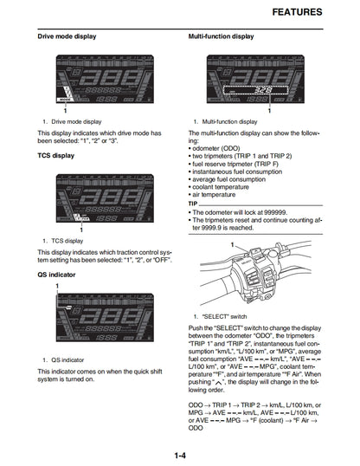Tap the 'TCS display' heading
56,156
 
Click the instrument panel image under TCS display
94,197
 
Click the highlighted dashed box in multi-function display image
253,89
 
